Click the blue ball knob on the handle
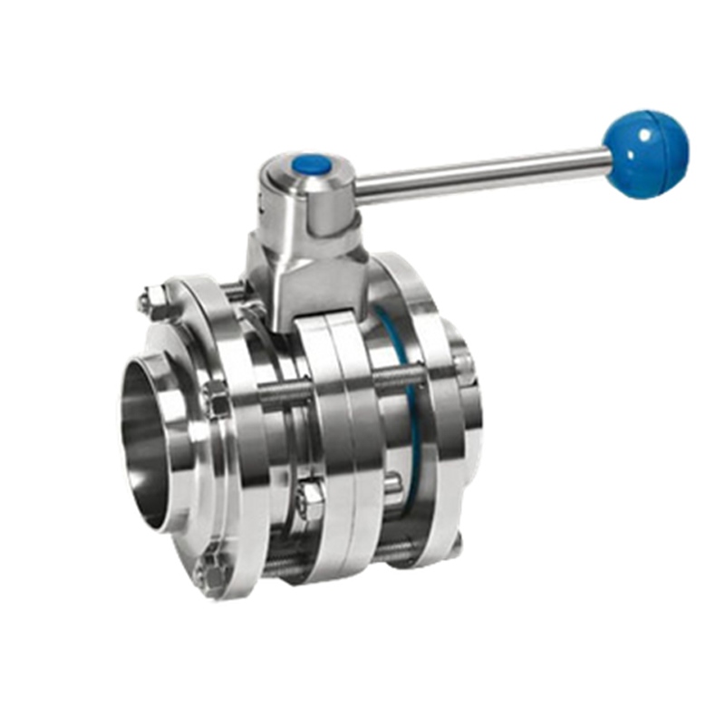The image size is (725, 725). [x=646, y=153]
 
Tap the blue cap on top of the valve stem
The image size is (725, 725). [x=311, y=165]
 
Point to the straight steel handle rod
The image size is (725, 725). [x=480, y=176]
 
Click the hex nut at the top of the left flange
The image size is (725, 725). [x=154, y=302]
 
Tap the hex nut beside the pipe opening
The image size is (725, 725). [x=216, y=399]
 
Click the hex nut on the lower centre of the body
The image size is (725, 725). [x=310, y=499]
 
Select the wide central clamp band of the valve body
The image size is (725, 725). [x=340, y=444]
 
